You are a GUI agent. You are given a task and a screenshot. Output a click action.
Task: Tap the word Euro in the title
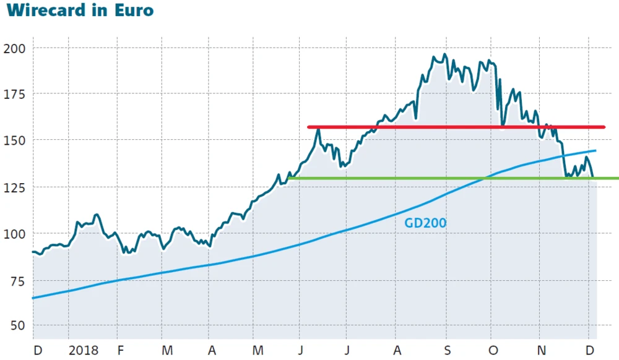pos(134,11)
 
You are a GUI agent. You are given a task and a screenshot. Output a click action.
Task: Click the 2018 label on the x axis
pos(84,351)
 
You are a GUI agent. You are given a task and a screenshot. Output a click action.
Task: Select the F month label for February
pos(120,351)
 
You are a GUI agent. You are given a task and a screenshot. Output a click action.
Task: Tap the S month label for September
pos(447,351)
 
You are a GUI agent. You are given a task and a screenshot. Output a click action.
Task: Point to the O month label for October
pos(493,351)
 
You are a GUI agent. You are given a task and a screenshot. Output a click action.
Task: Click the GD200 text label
pos(425,223)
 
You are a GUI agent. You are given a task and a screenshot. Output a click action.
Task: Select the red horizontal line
pos(456,127)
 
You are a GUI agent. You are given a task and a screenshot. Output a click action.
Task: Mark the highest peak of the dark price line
pos(444,55)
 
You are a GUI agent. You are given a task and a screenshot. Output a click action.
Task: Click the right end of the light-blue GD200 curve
pos(595,150)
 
